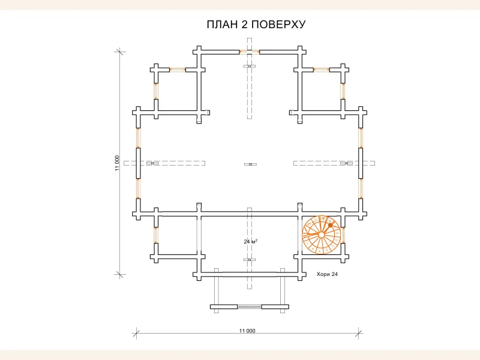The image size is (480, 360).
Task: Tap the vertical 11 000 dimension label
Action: [118, 163]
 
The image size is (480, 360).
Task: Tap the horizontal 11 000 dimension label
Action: [247, 331]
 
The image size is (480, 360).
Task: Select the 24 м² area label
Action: [251, 241]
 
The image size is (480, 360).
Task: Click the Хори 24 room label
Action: [328, 274]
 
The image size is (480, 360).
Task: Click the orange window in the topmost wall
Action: [250, 52]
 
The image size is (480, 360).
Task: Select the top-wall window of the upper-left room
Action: [178, 70]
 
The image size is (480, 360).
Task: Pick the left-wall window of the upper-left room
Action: [156, 91]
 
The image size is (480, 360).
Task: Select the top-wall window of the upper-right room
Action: [322, 70]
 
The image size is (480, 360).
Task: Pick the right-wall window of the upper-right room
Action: [343, 91]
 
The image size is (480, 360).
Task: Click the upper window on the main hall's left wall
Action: [138, 137]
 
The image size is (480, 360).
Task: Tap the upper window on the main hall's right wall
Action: [361, 137]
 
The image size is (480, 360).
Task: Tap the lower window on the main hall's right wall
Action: [361, 188]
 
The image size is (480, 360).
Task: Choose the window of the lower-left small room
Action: [156, 235]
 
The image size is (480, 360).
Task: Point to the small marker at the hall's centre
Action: [250, 164]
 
